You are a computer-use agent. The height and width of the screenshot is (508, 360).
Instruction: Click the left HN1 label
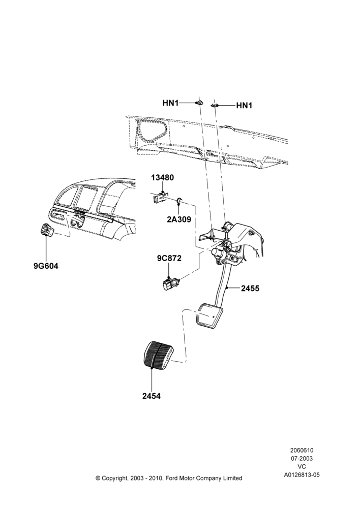[171, 103]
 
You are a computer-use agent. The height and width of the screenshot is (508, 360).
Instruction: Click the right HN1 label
[244, 106]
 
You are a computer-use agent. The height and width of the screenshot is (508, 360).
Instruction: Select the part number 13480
[162, 177]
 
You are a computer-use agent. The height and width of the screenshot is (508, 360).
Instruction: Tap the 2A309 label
[179, 219]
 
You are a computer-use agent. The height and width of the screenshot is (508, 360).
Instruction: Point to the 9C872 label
[169, 258]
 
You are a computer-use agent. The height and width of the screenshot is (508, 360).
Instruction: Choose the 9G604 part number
[46, 266]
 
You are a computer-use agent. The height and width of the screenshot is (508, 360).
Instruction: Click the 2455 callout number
[250, 288]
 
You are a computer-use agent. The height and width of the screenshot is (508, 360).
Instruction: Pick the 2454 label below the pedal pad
[152, 396]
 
